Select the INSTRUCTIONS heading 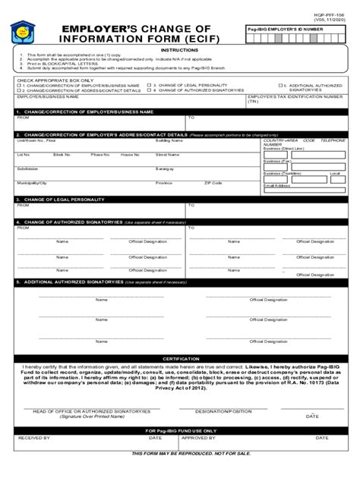[180, 51]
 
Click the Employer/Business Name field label [43, 97]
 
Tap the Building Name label [168, 140]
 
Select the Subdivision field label [28, 168]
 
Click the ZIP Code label [213, 183]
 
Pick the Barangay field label [166, 168]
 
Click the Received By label [34, 438]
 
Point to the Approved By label [198, 438]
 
